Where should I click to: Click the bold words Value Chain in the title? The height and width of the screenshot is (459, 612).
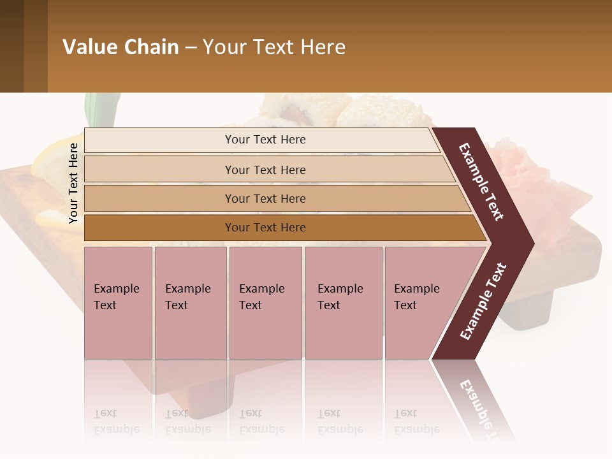[120, 47]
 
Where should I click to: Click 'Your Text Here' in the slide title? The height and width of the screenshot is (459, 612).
[274, 47]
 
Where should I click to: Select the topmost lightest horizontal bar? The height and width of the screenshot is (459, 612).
[265, 140]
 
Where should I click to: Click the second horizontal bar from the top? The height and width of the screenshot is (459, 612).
[265, 170]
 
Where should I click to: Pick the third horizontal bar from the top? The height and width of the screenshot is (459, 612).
[265, 198]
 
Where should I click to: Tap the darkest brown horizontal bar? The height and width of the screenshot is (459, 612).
[265, 228]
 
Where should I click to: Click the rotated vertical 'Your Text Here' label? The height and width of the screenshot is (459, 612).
[73, 183]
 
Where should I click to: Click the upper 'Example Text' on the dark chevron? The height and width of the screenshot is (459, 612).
[481, 182]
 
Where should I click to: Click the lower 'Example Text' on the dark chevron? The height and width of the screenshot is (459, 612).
[483, 302]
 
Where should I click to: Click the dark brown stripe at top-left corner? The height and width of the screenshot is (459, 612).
[11, 46]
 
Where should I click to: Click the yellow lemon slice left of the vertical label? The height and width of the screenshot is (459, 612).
[48, 159]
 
